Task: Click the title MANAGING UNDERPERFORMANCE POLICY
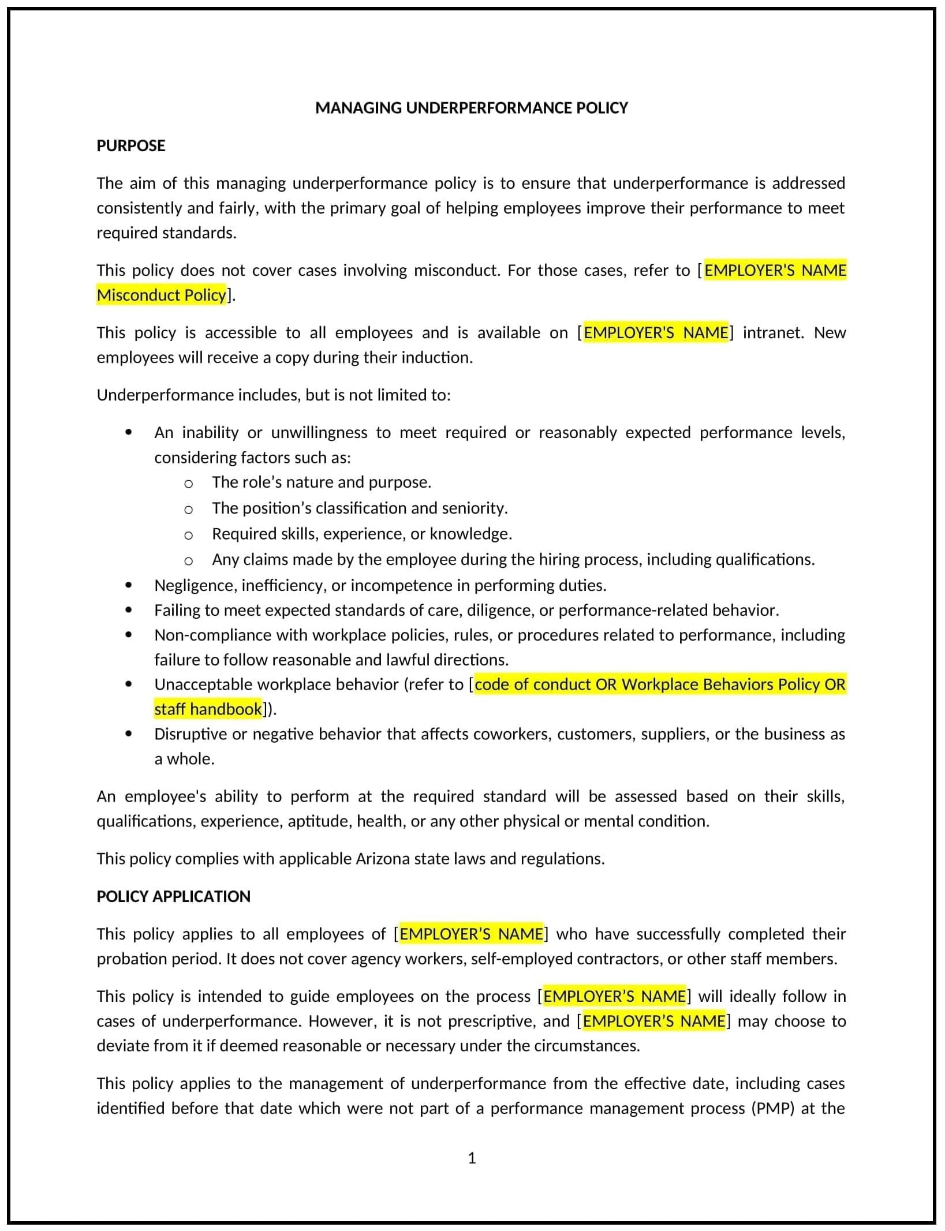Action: (471, 108)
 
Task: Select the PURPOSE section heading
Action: (130, 145)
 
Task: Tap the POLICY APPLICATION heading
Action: (173, 896)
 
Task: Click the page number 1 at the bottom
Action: (472, 1158)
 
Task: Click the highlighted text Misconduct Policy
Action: (161, 295)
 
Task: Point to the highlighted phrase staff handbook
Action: (208, 709)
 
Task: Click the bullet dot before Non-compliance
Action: (128, 635)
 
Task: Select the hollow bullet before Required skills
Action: (188, 535)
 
